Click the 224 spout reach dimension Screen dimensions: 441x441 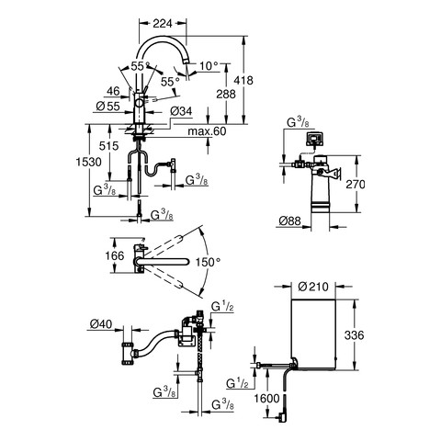click(x=163, y=24)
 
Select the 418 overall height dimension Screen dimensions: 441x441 click(x=243, y=81)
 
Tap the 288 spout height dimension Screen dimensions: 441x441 click(x=226, y=94)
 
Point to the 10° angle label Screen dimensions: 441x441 click(x=209, y=66)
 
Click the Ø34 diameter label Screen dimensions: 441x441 click(x=181, y=111)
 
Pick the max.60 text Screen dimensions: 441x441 click(x=207, y=131)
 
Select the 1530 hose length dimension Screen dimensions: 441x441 click(x=89, y=162)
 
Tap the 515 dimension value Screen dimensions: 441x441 click(x=108, y=146)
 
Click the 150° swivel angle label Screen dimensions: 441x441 click(x=209, y=262)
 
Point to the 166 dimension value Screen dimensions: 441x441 click(x=115, y=256)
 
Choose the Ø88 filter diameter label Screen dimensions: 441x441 click(x=290, y=220)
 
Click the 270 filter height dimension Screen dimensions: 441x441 click(x=356, y=185)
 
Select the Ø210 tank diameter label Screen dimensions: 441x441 click(x=313, y=287)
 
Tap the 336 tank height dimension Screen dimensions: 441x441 click(x=355, y=335)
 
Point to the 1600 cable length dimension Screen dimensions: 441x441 click(x=266, y=399)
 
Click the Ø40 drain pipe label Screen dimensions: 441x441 click(x=101, y=323)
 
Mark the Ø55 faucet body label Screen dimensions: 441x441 click(x=107, y=107)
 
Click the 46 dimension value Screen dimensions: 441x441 click(x=113, y=91)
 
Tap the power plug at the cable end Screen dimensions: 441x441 click(x=281, y=418)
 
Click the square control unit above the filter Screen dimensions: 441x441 click(x=313, y=139)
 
